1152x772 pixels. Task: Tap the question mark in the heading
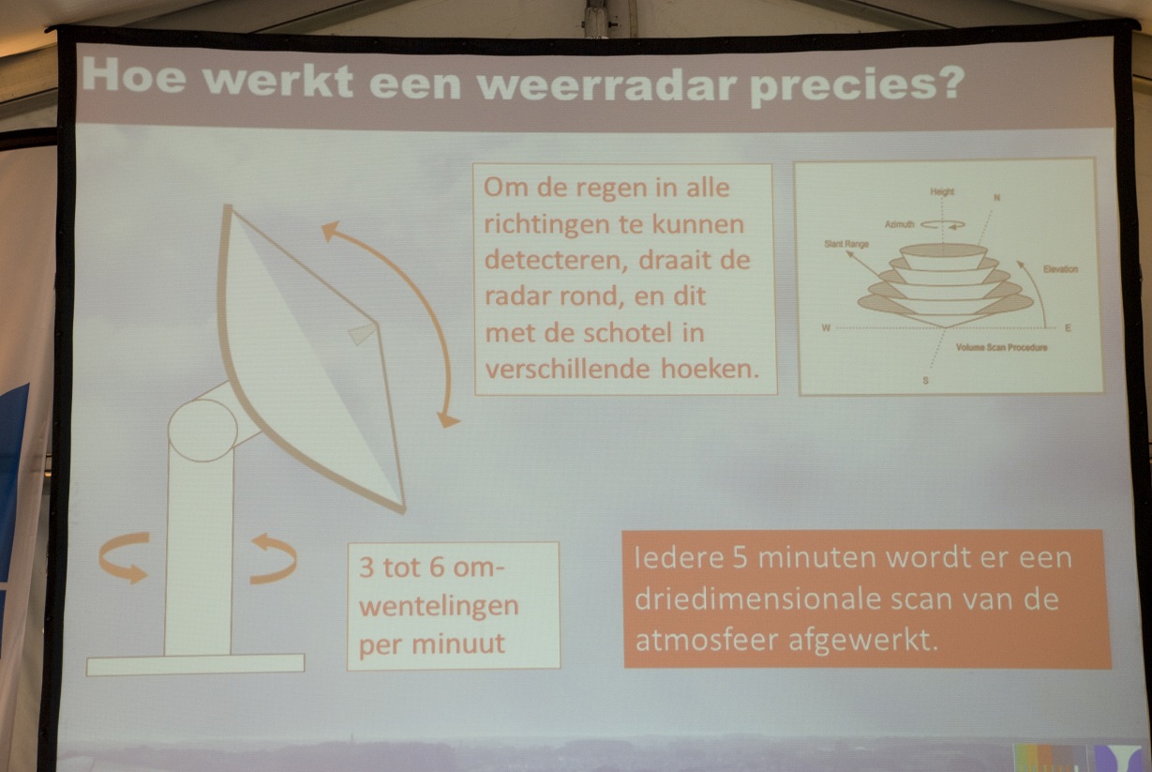click(x=945, y=83)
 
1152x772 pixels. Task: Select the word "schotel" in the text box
click(x=627, y=332)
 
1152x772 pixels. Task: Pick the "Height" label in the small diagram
click(x=942, y=191)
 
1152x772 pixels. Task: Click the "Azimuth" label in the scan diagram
click(x=900, y=224)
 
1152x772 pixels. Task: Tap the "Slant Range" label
click(x=846, y=244)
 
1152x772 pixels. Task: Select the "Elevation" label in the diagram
click(x=1060, y=269)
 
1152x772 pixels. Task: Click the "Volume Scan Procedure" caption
click(x=1001, y=347)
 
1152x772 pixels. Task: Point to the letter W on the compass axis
click(x=826, y=328)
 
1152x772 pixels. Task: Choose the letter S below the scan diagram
click(x=926, y=381)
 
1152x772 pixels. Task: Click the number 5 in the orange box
click(x=741, y=558)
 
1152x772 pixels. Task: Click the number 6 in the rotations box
click(x=437, y=568)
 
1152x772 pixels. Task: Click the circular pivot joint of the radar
click(x=202, y=430)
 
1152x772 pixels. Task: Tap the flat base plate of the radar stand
click(x=195, y=664)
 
